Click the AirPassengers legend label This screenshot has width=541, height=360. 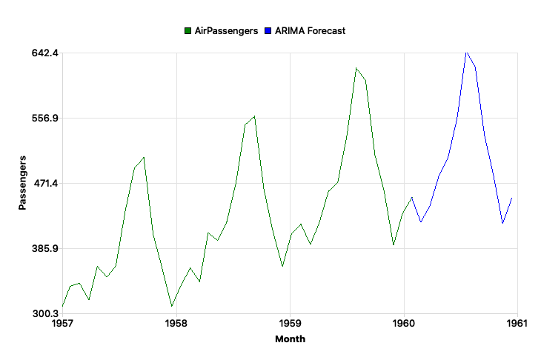pos(226,31)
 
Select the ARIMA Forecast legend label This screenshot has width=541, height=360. pos(310,31)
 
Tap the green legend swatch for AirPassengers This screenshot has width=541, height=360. pos(188,31)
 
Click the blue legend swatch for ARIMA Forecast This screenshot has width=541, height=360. pos(268,31)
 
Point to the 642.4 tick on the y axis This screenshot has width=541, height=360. pos(45,53)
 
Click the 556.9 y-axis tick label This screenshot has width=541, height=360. pos(45,119)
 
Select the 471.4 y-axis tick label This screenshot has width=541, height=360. pos(45,184)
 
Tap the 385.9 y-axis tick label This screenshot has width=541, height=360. pos(45,249)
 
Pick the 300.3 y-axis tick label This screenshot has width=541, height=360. pos(45,314)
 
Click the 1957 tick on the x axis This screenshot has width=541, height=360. pos(62,324)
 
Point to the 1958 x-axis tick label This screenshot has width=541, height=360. pos(176,324)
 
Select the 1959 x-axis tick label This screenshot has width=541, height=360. pos(290,324)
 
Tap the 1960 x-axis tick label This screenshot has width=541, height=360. pos(403,324)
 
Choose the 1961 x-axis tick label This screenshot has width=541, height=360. pos(516,324)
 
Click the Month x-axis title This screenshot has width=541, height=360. pos(290,339)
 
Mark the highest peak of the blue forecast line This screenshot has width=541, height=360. pos(466,53)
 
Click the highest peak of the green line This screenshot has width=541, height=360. pos(356,68)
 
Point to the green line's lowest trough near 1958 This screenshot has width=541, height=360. pos(172,306)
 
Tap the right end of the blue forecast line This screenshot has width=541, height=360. pos(512,198)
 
